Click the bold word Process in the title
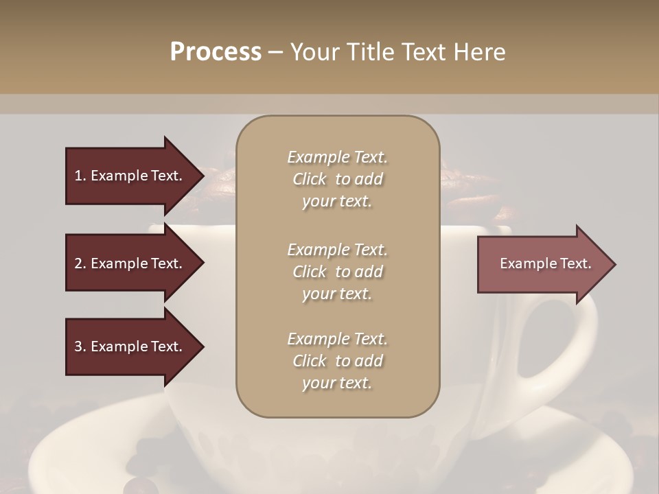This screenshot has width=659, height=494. pos(216,52)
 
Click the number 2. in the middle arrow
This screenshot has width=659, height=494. pos(80,263)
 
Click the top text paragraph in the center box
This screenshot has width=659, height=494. pos(337,179)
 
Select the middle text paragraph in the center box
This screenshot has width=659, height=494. pos(337,272)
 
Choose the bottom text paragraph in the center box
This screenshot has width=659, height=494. pos(337,361)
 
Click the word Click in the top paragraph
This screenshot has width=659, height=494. pos(309,179)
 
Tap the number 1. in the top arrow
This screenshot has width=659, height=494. pos(80,176)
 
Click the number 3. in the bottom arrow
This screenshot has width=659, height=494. pos(80,346)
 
